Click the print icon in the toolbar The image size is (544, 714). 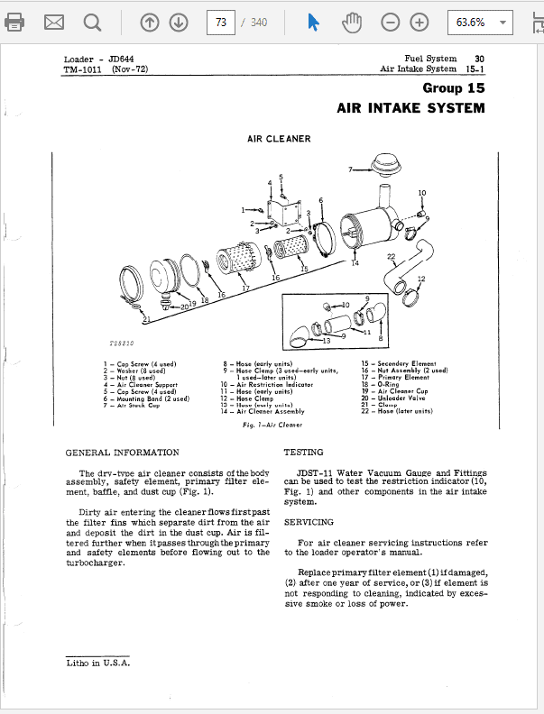[15, 23]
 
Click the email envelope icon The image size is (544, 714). [54, 23]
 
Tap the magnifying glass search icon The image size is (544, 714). [92, 23]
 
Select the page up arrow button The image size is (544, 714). [150, 23]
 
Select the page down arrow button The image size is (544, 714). [180, 23]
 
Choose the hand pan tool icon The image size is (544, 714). [352, 23]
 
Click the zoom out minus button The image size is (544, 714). [390, 23]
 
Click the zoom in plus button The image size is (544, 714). [419, 23]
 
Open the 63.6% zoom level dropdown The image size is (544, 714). [479, 23]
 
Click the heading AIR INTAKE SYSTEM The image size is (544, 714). [410, 108]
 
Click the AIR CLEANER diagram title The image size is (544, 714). [279, 139]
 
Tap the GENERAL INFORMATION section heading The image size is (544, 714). [123, 453]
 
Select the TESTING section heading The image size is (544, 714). [304, 453]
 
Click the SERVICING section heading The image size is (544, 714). [309, 522]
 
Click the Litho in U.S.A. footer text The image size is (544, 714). [98, 663]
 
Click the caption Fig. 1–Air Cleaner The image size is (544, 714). [272, 424]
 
